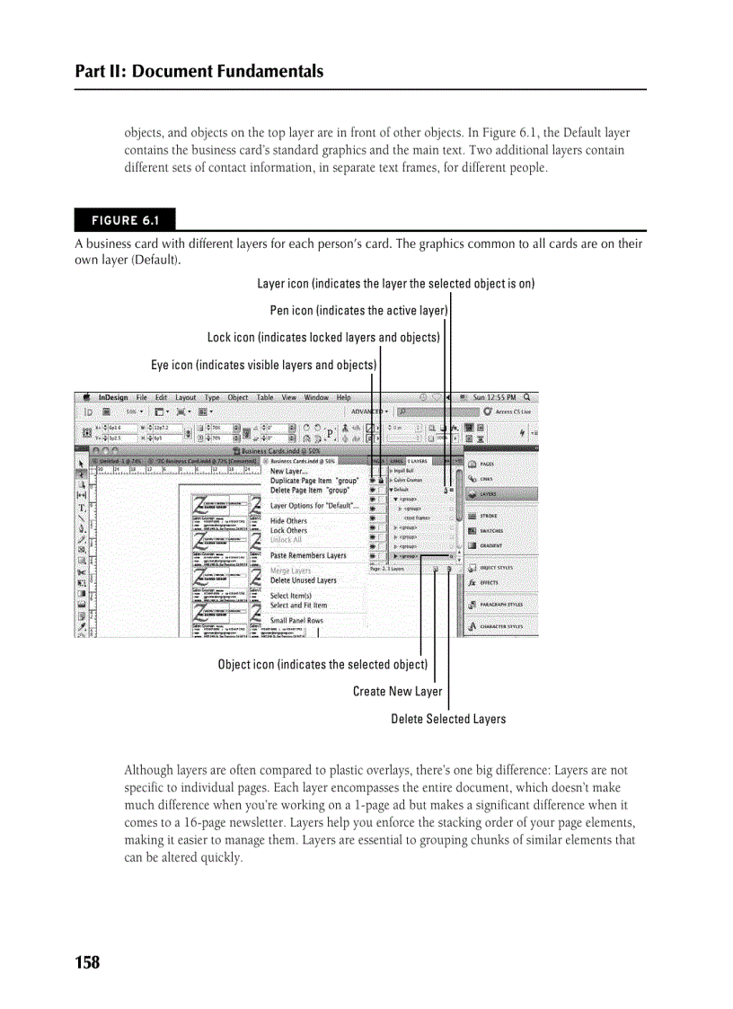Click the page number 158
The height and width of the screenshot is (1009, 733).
88,962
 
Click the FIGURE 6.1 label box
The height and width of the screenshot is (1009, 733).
125,220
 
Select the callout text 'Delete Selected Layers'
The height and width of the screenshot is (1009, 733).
448,719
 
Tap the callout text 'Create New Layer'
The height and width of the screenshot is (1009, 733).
397,691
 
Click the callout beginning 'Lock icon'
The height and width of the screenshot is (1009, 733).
323,338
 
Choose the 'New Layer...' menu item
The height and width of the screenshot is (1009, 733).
288,471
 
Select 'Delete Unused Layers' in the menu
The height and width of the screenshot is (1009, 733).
303,580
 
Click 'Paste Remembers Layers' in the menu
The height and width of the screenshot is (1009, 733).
307,555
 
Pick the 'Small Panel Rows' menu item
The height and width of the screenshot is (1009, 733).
296,620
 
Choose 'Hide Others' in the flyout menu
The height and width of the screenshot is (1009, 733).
288,521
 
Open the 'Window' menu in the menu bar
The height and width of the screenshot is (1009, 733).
316,397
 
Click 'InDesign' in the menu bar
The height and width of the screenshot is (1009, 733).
113,397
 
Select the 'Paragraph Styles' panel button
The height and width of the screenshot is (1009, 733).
501,605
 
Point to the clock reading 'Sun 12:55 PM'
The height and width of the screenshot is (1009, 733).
494,397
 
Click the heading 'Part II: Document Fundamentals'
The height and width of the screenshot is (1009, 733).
199,71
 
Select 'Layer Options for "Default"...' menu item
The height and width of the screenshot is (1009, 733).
314,506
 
